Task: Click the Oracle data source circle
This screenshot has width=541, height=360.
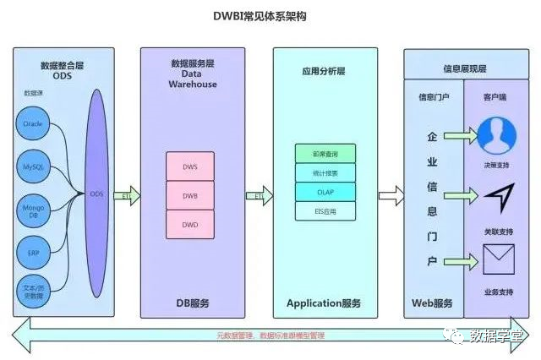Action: [x=33, y=124]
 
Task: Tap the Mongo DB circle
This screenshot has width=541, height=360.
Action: [x=33, y=209]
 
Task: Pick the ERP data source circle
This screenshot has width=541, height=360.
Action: [x=33, y=252]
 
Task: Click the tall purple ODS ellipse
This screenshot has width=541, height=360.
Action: [x=96, y=194]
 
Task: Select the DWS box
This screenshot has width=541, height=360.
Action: [x=190, y=167]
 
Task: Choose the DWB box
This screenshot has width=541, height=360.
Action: [x=190, y=196]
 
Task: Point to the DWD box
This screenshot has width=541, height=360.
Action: [x=190, y=225]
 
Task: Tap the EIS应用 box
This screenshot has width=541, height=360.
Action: [x=325, y=211]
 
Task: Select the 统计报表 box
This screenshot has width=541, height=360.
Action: [x=325, y=174]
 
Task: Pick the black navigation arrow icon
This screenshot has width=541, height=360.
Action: [x=498, y=197]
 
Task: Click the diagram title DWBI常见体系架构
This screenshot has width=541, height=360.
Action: [x=270, y=16]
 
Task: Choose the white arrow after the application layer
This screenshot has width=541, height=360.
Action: [x=391, y=196]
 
